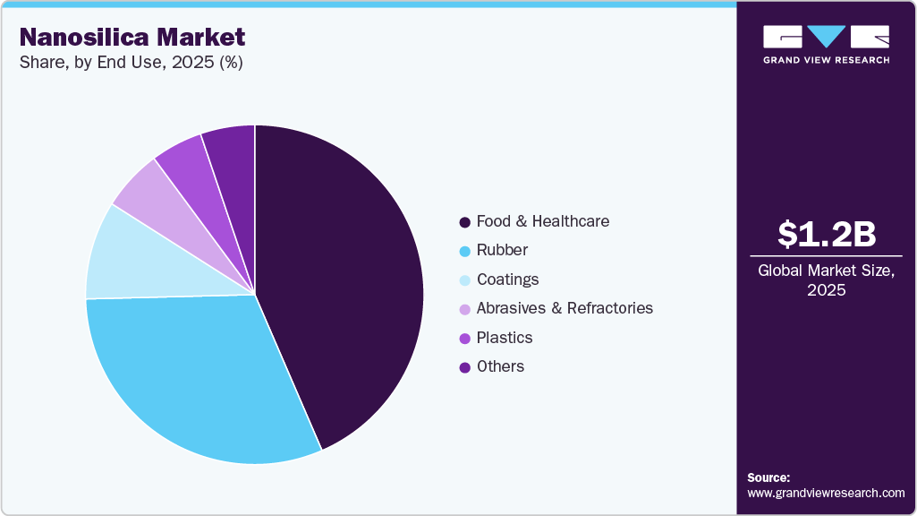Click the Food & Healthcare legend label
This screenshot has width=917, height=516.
pyautogui.click(x=542, y=221)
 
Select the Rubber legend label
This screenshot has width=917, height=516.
pyautogui.click(x=502, y=250)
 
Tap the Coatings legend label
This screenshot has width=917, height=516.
pyautogui.click(x=507, y=279)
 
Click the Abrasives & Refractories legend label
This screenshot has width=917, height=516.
pyautogui.click(x=565, y=308)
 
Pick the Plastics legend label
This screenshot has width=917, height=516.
pyautogui.click(x=505, y=338)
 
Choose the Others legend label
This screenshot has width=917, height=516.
pyautogui.click(x=500, y=366)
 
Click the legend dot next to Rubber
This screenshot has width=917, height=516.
pyautogui.click(x=464, y=251)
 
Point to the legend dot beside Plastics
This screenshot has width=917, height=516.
pyautogui.click(x=464, y=338)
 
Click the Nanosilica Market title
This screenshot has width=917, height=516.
pyautogui.click(x=132, y=38)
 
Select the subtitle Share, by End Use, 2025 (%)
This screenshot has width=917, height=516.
pyautogui.click(x=132, y=63)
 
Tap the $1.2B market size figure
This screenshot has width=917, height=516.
pyautogui.click(x=826, y=235)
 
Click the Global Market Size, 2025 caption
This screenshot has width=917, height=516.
pyautogui.click(x=826, y=279)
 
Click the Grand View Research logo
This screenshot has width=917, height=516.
pyautogui.click(x=826, y=44)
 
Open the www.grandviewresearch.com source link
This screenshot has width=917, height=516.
pyautogui.click(x=826, y=493)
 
